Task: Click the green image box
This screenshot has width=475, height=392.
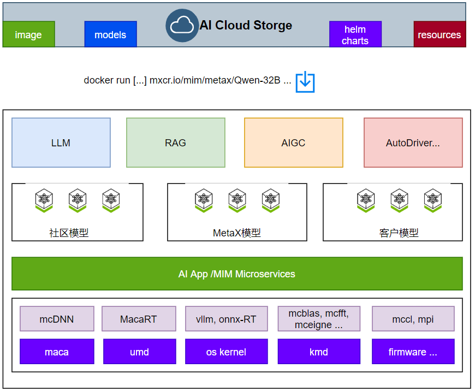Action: point(29,34)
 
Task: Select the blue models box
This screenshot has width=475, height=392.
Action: point(111,34)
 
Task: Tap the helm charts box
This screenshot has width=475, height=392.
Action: point(355,34)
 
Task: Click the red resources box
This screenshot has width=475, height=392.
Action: point(440,34)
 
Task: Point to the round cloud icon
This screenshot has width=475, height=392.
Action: point(182,26)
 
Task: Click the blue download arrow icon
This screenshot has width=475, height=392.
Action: point(305,82)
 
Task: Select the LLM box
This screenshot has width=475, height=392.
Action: point(61,142)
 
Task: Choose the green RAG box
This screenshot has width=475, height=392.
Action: point(176,142)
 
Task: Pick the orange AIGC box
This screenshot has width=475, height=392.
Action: point(294,142)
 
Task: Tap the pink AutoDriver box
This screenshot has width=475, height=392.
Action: point(413,142)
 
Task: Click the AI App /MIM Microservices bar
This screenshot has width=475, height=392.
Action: point(237,274)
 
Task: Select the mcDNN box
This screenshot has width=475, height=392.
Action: point(57,319)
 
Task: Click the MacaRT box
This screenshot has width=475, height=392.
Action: point(139,319)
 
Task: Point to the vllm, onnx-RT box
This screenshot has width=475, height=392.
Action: point(226,319)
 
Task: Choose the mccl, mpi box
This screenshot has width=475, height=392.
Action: point(413,319)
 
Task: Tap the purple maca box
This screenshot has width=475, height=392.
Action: point(57,352)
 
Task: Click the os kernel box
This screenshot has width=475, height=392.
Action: point(226,352)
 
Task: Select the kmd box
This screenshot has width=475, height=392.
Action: point(319,352)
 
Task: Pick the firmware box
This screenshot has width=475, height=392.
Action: point(413,352)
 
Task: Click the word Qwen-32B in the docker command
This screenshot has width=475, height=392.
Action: point(257,80)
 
